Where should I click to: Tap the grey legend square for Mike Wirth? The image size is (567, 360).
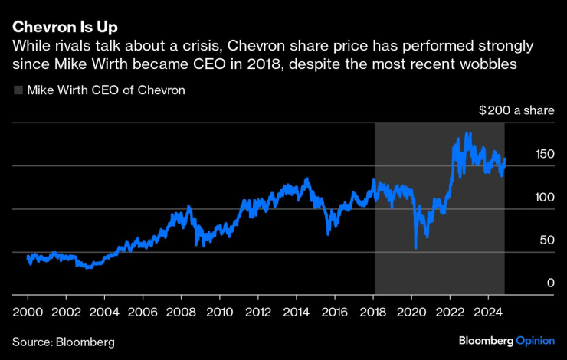click(x=18, y=90)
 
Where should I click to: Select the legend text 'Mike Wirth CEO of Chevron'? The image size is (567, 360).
click(x=106, y=90)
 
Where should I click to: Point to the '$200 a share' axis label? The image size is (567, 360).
click(x=516, y=111)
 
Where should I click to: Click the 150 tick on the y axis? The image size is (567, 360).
click(x=544, y=154)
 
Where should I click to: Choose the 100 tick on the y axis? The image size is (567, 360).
click(x=544, y=197)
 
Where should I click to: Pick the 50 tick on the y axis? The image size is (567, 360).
click(x=547, y=240)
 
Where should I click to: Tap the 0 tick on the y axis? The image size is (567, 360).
click(x=550, y=283)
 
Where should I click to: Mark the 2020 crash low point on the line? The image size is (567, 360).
click(x=415, y=247)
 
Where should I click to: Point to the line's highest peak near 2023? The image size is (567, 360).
click(x=468, y=133)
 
